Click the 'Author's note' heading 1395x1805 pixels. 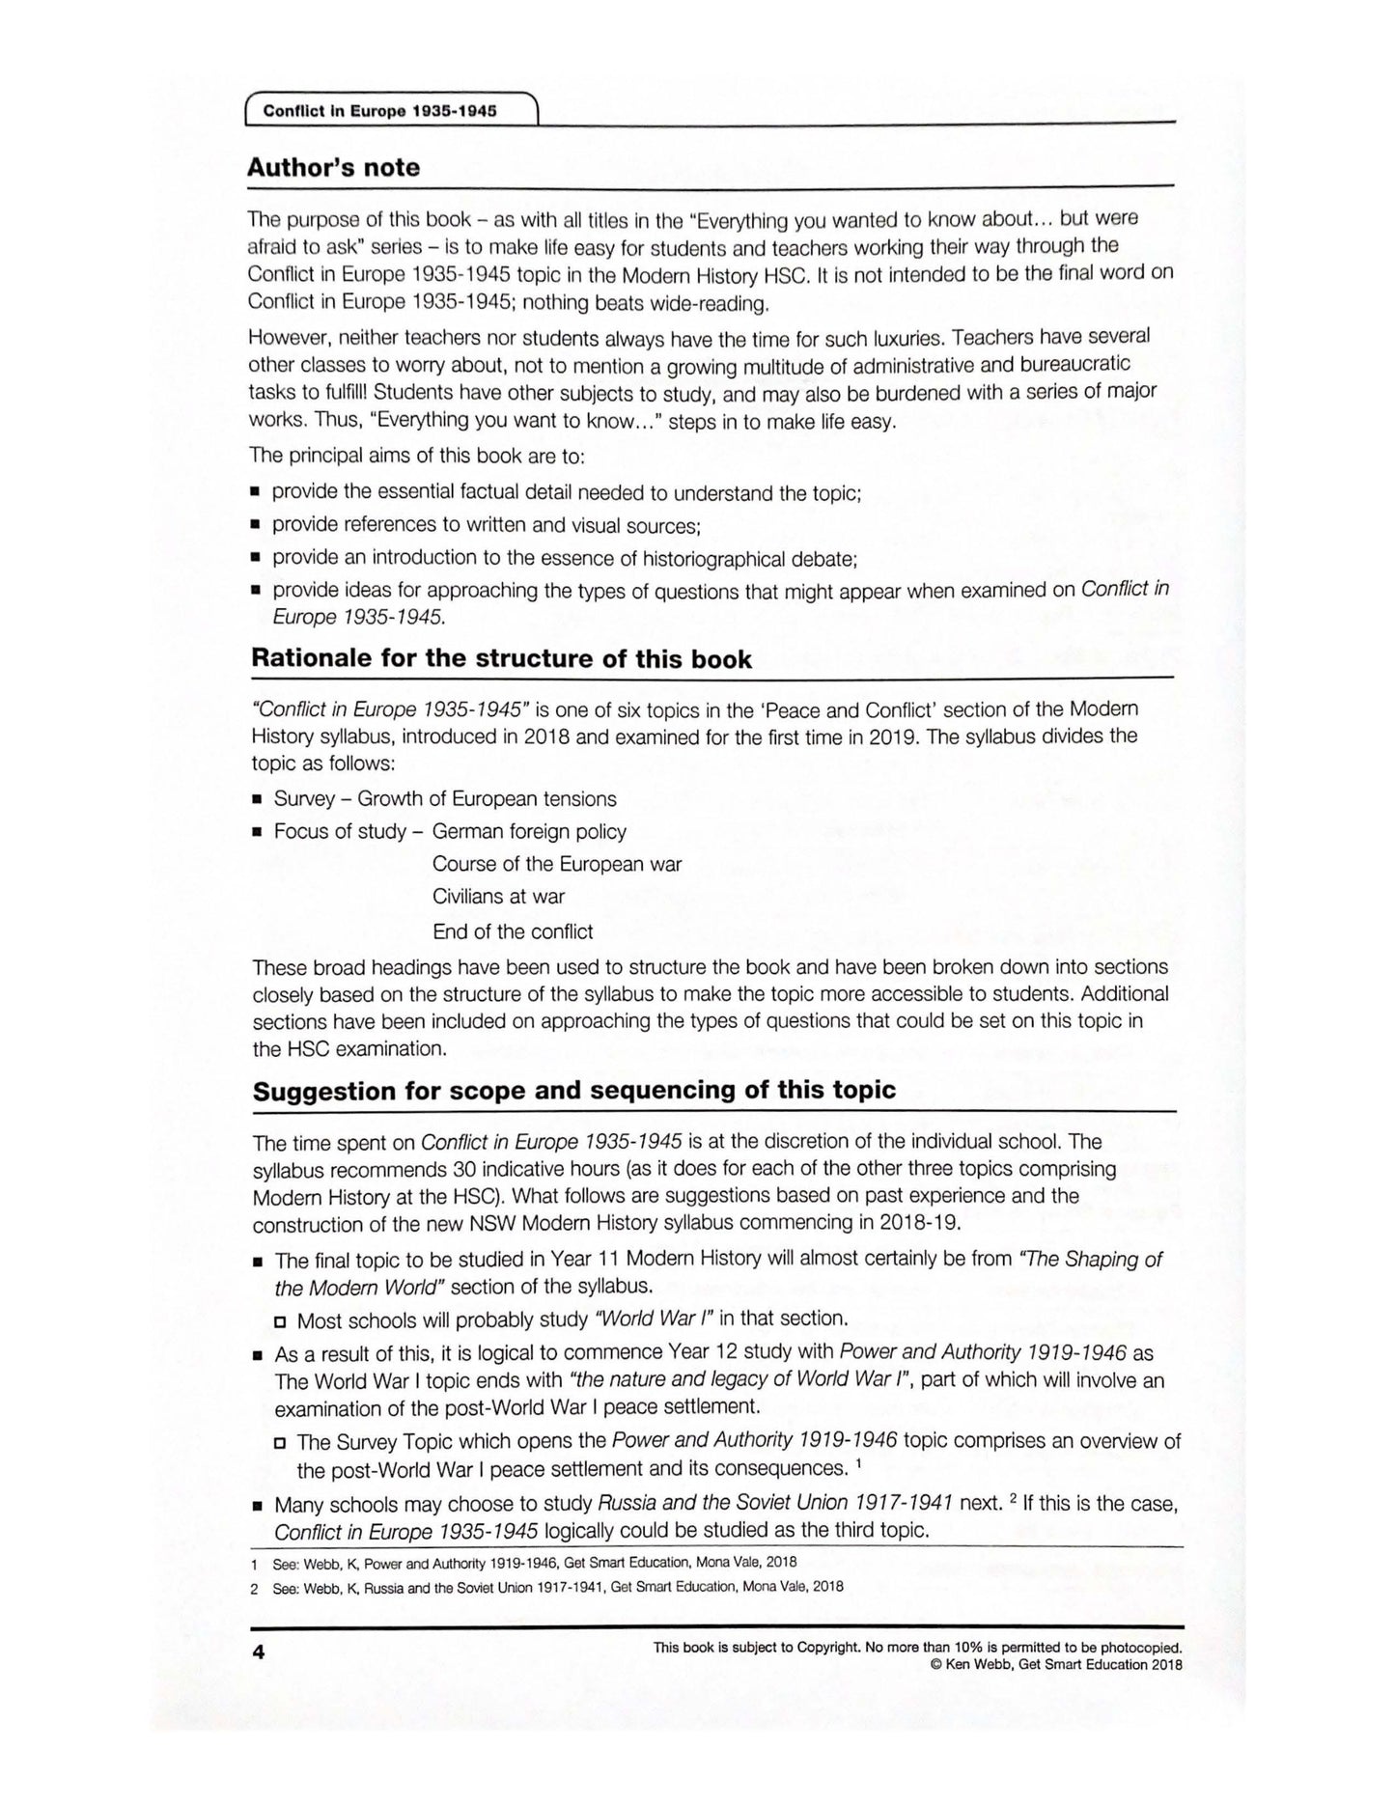pyautogui.click(x=333, y=168)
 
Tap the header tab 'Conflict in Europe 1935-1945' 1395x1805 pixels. pyautogui.click(x=379, y=110)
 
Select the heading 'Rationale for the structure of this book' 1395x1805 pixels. pyautogui.click(x=501, y=659)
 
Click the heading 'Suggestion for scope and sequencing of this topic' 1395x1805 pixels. pyautogui.click(x=573, y=1091)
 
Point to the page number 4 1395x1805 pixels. pyautogui.click(x=258, y=1652)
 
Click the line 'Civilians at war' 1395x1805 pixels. pyautogui.click(x=498, y=897)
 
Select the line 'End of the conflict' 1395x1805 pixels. pyautogui.click(x=513, y=931)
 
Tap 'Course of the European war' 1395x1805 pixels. pyautogui.click(x=557, y=864)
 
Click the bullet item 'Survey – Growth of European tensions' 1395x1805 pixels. pyautogui.click(x=445, y=799)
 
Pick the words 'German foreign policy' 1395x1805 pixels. pyautogui.click(x=529, y=831)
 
